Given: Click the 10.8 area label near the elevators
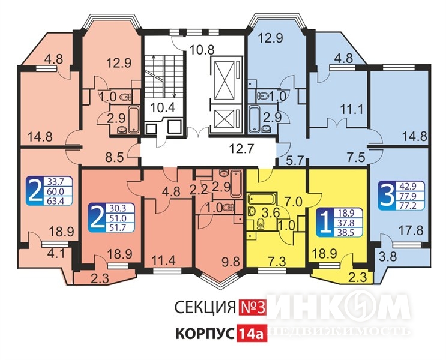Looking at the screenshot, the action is coord(202,50).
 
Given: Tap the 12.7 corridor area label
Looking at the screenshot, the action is coord(241,148).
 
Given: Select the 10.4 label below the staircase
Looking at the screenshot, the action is coord(163,107).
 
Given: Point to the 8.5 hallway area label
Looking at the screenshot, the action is coord(114,157).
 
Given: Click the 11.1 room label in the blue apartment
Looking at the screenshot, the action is coord(352,109).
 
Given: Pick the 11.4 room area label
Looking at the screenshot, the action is coord(163,260).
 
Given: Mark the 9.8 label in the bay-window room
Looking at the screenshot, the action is coord(231,262).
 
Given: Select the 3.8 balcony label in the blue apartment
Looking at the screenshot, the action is coord(388,257).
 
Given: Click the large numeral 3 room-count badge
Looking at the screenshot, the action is coord(386,196).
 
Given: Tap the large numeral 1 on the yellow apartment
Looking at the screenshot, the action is coord(324,223).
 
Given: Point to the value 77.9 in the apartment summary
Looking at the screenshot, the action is coord(408,196).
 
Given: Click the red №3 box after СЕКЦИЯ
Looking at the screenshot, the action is coord(252,307).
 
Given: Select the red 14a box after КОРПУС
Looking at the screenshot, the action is coord(250,333).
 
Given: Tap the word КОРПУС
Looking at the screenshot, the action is coord(205,334).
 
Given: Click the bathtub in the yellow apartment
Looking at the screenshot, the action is coord(262,199).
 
